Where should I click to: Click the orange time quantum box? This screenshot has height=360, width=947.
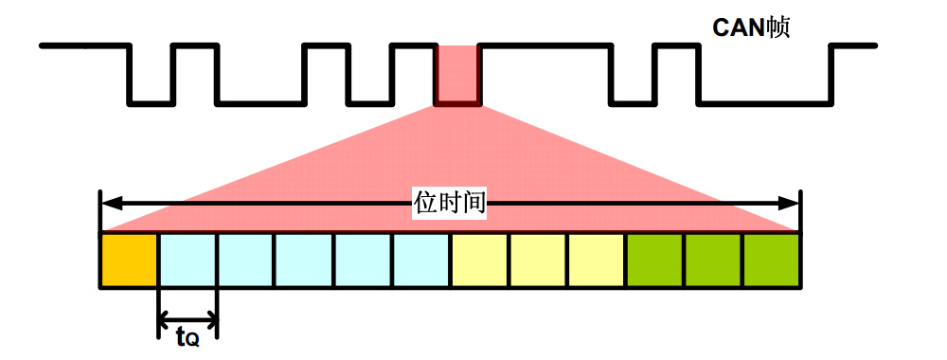[129, 260]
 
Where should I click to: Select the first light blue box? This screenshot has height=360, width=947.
[188, 260]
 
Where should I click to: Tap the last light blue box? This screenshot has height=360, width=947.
[421, 260]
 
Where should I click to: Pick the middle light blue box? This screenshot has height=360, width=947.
[304, 260]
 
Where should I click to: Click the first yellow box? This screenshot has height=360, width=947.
[480, 260]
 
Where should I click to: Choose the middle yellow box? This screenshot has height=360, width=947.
[539, 260]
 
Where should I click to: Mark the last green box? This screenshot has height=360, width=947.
[772, 260]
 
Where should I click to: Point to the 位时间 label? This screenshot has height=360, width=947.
[450, 204]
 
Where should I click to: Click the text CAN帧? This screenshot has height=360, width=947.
[751, 27]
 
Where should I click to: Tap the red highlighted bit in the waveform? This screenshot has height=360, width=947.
[457, 75]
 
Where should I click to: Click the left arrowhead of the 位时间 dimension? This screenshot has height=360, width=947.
[112, 204]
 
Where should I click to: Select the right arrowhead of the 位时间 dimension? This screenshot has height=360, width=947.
[788, 204]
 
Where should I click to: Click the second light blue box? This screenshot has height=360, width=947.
[246, 260]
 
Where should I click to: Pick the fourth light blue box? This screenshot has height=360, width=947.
[363, 260]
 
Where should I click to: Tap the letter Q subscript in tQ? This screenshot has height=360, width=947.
[192, 341]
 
